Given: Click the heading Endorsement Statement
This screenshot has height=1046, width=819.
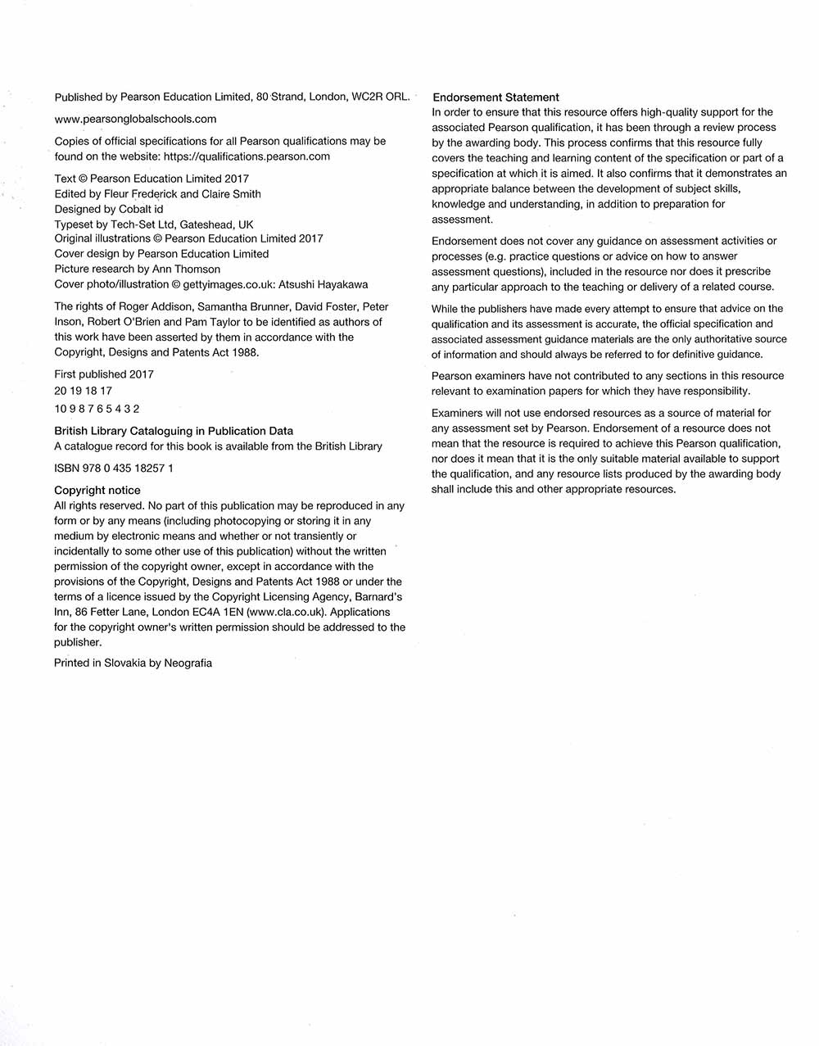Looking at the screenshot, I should (x=495, y=97).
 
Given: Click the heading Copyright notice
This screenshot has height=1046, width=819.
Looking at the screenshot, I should (x=97, y=490).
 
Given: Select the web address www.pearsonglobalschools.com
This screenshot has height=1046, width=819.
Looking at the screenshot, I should (x=135, y=119).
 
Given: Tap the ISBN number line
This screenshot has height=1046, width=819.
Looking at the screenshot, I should (x=113, y=468).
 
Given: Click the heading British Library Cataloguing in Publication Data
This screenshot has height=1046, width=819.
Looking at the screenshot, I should (x=173, y=431).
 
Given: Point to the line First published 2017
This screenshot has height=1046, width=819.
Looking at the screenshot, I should (x=103, y=374).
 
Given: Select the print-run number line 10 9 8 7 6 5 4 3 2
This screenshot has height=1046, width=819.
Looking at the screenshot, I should (x=97, y=409).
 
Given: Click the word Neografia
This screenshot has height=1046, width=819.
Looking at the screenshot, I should (x=188, y=663).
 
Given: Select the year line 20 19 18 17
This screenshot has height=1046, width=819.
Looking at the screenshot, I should (x=83, y=391).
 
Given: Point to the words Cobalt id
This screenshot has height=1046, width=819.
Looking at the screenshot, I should (x=141, y=209).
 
